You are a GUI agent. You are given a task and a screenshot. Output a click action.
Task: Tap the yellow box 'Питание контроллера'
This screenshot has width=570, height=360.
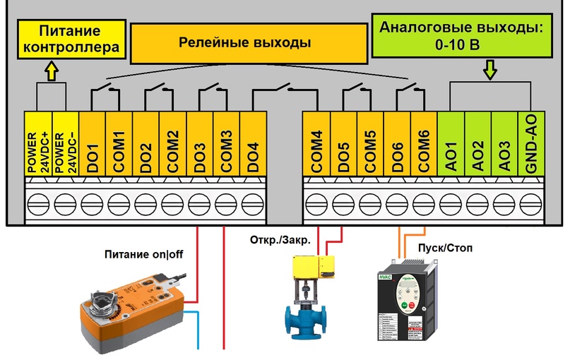click(69, 39)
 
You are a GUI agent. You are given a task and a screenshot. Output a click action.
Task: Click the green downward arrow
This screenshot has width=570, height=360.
click(489, 70)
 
